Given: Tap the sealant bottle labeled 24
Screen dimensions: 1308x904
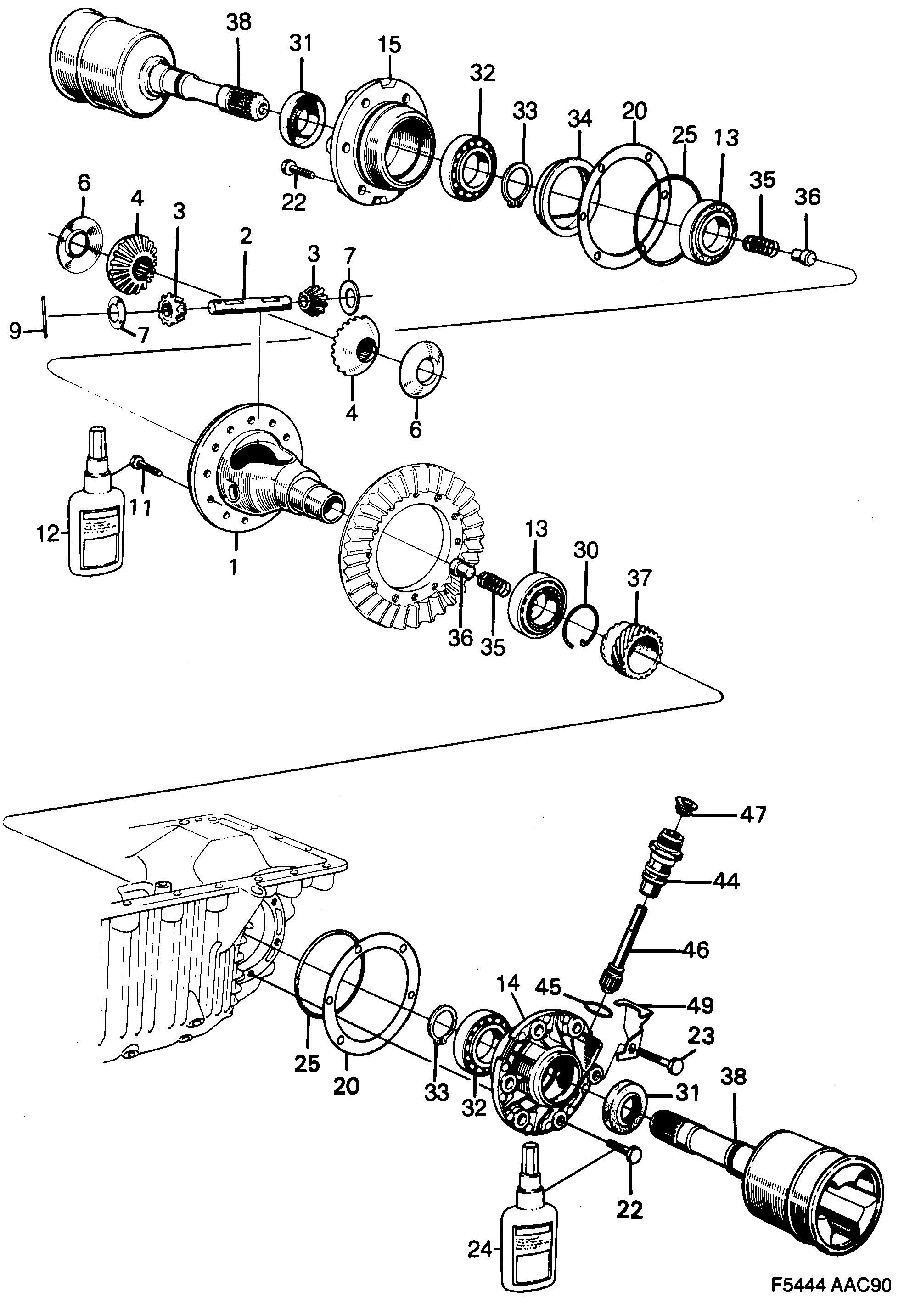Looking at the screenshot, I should coord(529,1246).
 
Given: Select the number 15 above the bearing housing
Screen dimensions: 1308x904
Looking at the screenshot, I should coord(390,45).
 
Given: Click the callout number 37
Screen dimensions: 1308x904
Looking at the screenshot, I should coord(639,578).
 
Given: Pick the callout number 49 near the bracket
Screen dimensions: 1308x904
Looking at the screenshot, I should coord(700,1005).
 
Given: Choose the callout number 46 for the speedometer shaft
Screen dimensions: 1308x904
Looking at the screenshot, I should coord(696,949).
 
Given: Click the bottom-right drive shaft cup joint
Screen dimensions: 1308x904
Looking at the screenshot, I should coord(816,1186).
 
